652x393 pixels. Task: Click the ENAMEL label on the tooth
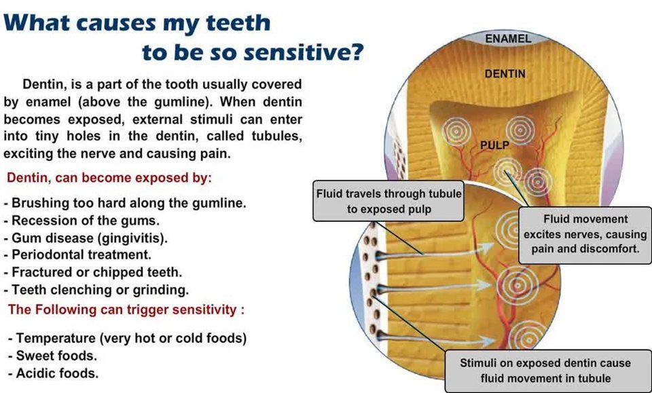tap(508, 39)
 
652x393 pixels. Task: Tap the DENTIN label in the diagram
tap(505, 73)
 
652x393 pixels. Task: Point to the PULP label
tap(494, 145)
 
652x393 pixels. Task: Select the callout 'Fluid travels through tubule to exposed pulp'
tap(389, 202)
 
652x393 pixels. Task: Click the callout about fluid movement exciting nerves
tap(585, 234)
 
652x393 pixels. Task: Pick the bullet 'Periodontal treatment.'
tap(77, 255)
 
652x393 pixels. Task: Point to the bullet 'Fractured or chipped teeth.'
tap(92, 272)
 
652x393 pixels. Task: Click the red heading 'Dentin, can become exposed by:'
tap(109, 179)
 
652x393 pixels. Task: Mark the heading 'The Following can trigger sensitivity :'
tap(126, 310)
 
